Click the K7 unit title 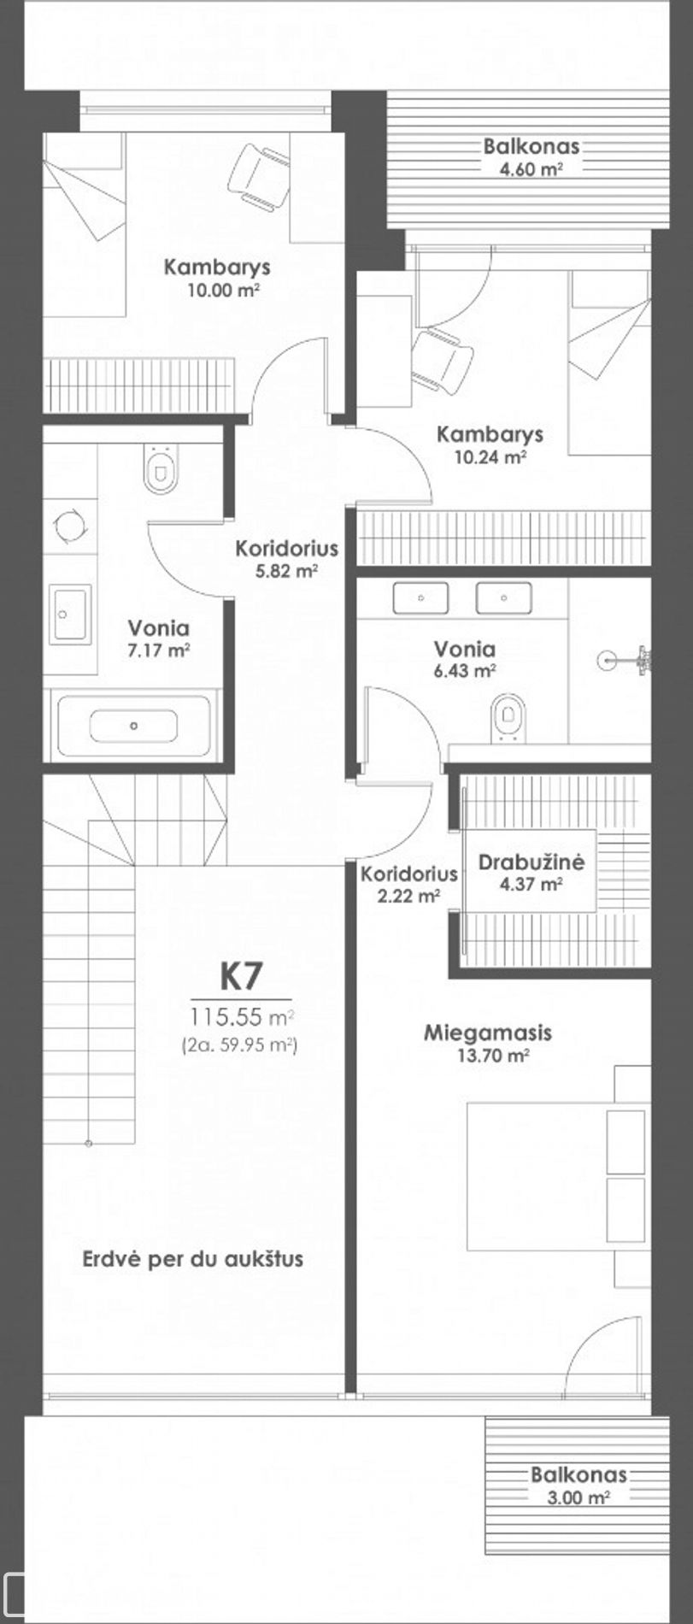(242, 975)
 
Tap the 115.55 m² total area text (243, 1017)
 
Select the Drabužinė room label (531, 862)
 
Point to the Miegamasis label (488, 1033)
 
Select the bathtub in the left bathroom (133, 726)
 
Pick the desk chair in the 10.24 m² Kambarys (442, 360)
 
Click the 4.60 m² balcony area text (531, 168)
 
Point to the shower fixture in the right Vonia (628, 659)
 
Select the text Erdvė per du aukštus (193, 1259)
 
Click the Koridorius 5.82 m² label (287, 558)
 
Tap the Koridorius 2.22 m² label (408, 885)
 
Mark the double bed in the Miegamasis (556, 1176)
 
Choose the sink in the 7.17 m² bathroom (69, 615)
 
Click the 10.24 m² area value (490, 456)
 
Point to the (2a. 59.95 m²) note (239, 1044)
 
